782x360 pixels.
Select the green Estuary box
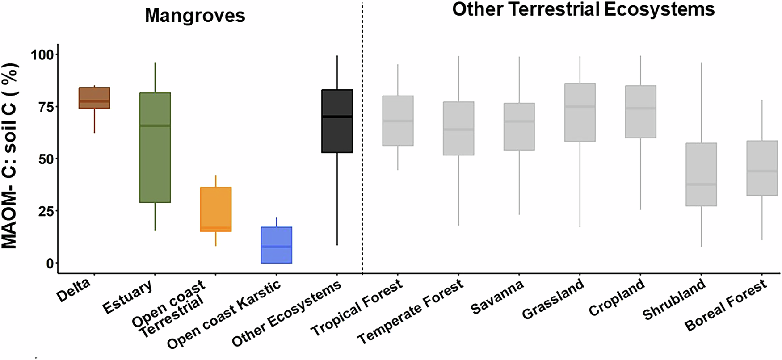pos(155,147)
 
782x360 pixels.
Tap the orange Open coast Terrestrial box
pos(216,209)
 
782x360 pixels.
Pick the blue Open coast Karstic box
pos(277,245)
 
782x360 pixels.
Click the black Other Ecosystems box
pos(337,121)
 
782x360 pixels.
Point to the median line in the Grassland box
pos(580,106)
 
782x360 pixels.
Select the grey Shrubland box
pos(701,174)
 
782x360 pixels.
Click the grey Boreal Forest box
pos(762,168)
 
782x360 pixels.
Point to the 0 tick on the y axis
pos(49,263)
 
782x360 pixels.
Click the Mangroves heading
pos(195,16)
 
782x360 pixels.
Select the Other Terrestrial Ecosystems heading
pos(583,10)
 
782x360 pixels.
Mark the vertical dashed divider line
pos(362,134)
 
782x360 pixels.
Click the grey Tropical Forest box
pos(398,121)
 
